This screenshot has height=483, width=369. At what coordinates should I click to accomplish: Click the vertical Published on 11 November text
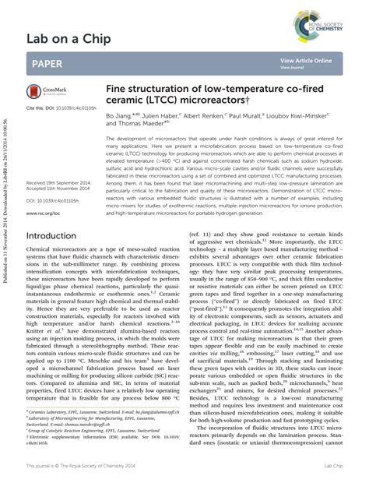7,93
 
